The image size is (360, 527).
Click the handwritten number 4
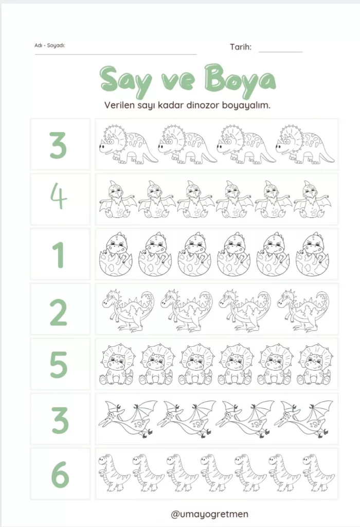click(x=59, y=197)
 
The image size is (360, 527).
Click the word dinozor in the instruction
click(x=202, y=105)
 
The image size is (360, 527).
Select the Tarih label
click(x=241, y=47)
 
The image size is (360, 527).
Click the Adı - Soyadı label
click(x=50, y=45)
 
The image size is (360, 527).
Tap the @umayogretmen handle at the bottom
click(x=209, y=514)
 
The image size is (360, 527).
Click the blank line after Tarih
click(x=281, y=52)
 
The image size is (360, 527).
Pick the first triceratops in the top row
click(x=129, y=144)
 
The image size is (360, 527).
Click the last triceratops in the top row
click(x=305, y=144)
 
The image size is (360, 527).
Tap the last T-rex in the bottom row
click(x=318, y=473)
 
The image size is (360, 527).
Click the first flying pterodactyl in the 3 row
click(x=128, y=419)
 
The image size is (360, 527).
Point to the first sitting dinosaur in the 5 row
click(x=118, y=364)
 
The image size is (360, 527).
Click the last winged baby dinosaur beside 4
click(x=312, y=199)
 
